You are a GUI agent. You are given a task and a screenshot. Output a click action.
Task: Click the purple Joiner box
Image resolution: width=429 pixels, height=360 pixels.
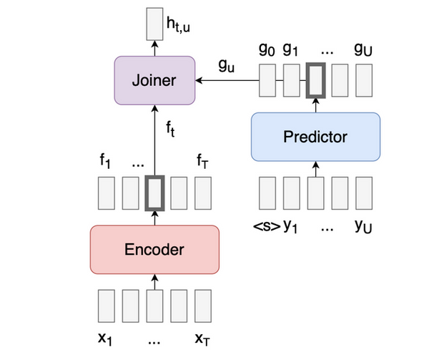pos(154,80)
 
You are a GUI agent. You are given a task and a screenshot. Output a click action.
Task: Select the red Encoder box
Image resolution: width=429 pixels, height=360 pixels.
pos(154,249)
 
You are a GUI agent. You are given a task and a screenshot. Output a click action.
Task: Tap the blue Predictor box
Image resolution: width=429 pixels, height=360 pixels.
pos(315,136)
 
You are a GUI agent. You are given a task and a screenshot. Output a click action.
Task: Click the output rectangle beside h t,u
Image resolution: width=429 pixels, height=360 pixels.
pos(154,24)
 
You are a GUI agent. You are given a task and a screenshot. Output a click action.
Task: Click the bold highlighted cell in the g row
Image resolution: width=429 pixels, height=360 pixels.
pos(315,80)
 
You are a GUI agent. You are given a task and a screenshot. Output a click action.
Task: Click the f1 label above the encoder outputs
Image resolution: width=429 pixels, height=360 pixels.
pos(105,161)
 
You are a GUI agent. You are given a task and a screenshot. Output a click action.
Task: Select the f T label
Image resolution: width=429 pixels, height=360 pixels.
pos(202,161)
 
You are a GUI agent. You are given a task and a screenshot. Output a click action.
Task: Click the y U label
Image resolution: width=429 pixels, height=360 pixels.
pos(363,228)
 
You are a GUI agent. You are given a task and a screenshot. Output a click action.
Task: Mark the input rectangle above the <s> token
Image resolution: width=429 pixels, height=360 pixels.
pos(266,193)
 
